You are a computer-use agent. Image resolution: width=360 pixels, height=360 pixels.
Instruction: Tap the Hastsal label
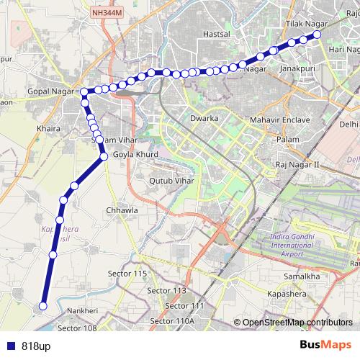point(216,34)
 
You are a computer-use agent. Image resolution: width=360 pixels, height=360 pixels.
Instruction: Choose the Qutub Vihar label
point(171,181)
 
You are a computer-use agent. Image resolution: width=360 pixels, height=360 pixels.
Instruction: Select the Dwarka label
point(204,116)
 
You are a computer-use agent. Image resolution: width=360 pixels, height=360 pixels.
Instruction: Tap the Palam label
point(287,138)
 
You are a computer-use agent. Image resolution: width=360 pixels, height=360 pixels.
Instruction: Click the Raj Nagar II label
point(297,165)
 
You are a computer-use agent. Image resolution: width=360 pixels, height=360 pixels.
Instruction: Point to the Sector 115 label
point(127,274)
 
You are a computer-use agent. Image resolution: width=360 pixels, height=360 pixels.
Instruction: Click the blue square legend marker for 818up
point(9,345)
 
